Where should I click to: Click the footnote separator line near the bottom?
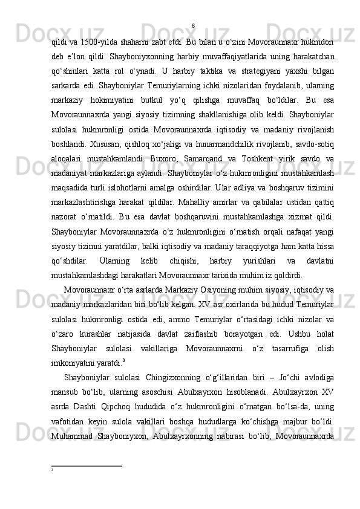(87, 483)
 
